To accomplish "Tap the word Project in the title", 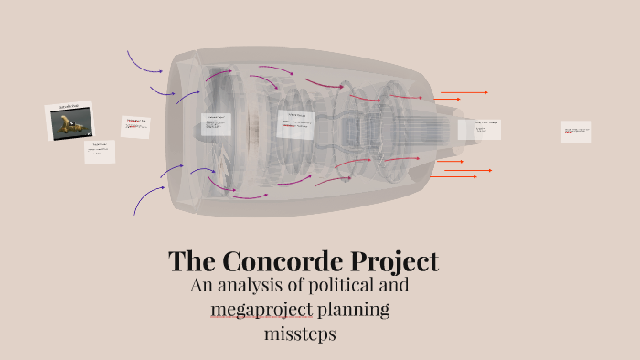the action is [391, 262].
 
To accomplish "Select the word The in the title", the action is [194, 262].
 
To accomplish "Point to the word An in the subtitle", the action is [202, 286].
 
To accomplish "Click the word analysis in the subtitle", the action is [257, 286].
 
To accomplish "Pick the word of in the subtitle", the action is [308, 286].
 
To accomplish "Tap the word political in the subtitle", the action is [365, 286].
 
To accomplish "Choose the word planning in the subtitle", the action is [354, 311].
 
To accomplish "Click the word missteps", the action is [300, 334].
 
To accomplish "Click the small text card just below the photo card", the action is [100, 151].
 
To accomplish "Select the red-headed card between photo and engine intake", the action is [135, 126].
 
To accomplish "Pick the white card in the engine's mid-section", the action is [295, 124].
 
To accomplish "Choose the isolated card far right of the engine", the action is [576, 132].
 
